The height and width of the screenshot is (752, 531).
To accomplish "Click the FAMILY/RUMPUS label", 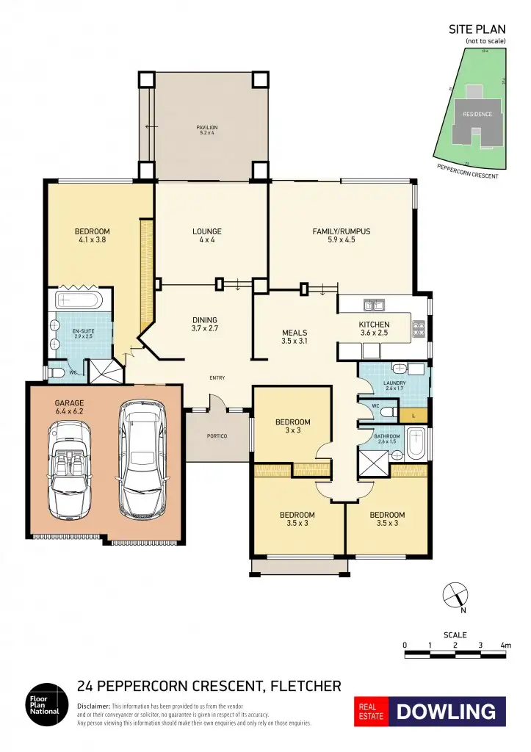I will (x=341, y=231).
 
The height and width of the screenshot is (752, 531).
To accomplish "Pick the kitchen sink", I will (x=374, y=304).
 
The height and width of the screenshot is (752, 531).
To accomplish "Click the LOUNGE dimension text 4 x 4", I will (x=207, y=240).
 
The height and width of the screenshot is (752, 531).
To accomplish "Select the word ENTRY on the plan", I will (x=217, y=378).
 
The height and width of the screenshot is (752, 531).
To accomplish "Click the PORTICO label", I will (x=217, y=436).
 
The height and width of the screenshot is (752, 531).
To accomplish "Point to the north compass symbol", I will (x=455, y=593).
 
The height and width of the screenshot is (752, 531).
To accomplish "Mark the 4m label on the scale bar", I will (x=505, y=645).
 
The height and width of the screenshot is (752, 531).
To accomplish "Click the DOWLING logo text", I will (x=446, y=711).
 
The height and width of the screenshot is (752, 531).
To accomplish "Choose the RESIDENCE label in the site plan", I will (x=477, y=115).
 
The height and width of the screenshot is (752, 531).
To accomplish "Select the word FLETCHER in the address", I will (x=306, y=687).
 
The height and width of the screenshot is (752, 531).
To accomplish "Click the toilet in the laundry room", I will (x=399, y=369).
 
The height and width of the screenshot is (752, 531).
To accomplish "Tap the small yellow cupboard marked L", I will (x=413, y=416).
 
